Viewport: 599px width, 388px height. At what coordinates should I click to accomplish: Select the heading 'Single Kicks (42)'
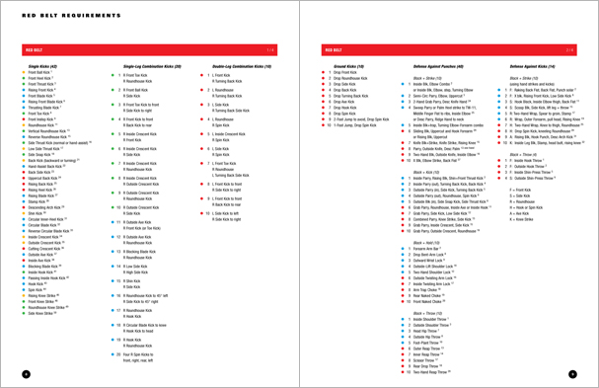click(x=43, y=66)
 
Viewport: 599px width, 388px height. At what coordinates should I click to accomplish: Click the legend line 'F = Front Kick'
click(x=522, y=190)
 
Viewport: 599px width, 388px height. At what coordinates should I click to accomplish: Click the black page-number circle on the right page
click(x=573, y=374)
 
